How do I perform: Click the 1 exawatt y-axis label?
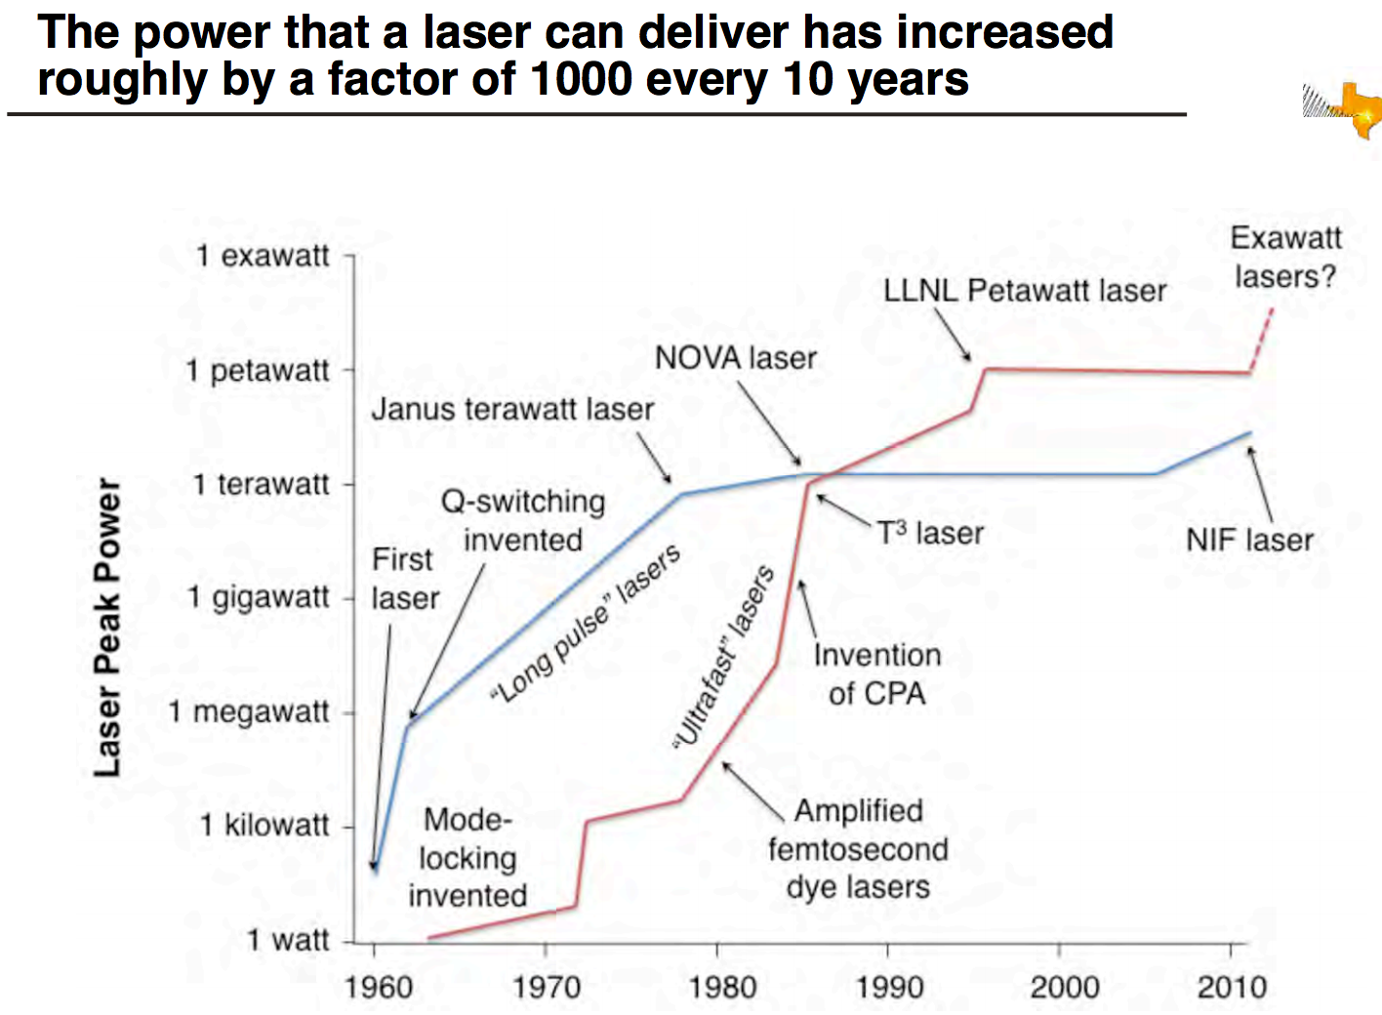tap(263, 256)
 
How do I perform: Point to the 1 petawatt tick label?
tap(258, 371)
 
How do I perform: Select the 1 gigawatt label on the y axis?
tap(258, 596)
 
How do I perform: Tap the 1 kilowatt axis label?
tap(264, 826)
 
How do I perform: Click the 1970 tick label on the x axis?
tap(547, 987)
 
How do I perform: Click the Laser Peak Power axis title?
tap(108, 628)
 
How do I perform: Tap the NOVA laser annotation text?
tap(735, 358)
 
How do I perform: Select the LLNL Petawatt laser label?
tap(1024, 291)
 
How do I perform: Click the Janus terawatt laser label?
tap(512, 409)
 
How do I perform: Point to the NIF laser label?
tap(1249, 540)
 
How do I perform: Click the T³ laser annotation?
tap(930, 533)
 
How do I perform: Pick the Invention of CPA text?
tap(877, 673)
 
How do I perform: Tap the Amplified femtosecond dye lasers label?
tap(858, 848)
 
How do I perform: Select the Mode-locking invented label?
tap(467, 857)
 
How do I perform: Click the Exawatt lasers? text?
tap(1285, 257)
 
